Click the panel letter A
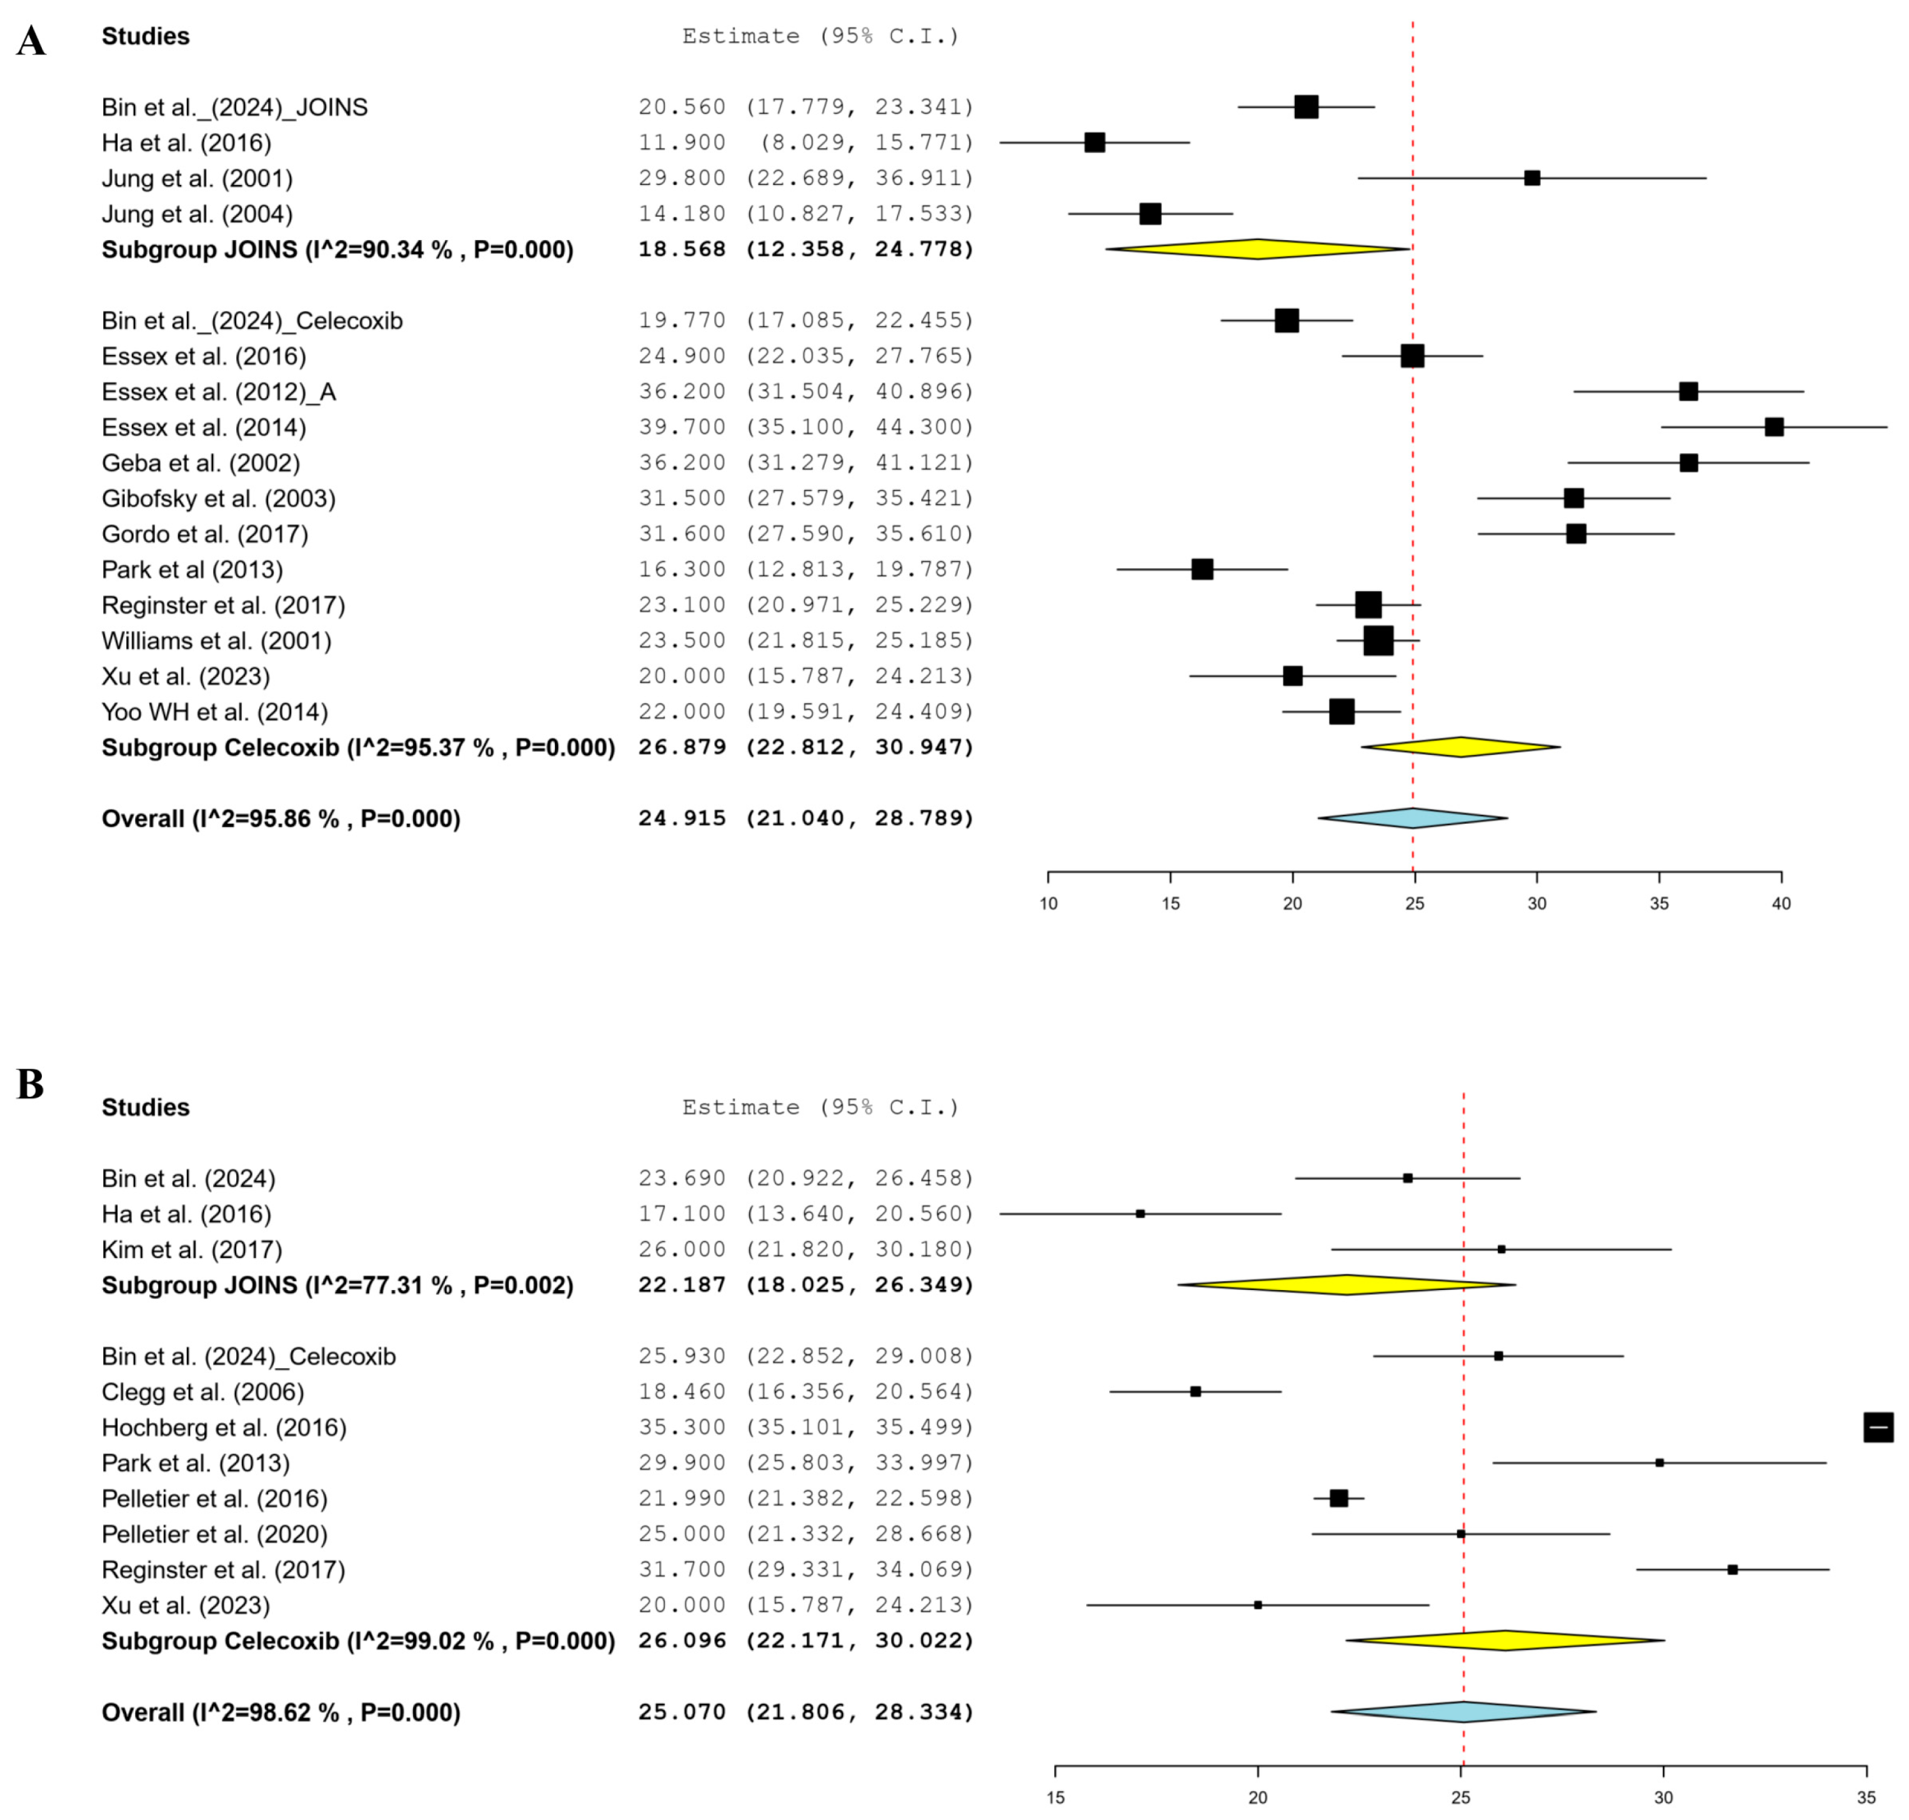coord(31,42)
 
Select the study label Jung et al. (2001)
coord(197,179)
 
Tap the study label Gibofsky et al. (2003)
coord(218,499)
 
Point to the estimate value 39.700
coord(681,427)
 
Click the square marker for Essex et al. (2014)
coord(1773,427)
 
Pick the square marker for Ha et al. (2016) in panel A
coord(1094,142)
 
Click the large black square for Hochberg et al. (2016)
coord(1878,1427)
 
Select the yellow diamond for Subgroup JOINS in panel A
coord(1257,249)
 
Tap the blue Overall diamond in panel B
coord(1463,1712)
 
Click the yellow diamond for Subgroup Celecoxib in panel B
coord(1505,1641)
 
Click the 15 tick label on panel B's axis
coord(1055,1797)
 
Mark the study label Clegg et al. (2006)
coord(202,1392)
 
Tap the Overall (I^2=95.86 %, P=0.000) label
coord(281,819)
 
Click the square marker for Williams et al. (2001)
coord(1377,640)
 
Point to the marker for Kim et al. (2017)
coord(1500,1249)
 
